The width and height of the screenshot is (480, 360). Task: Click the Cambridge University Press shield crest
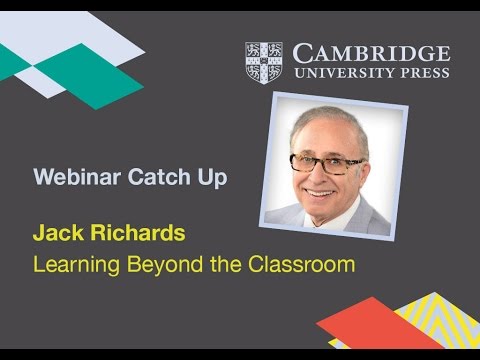[264, 62]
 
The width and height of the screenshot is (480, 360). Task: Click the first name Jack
[56, 236]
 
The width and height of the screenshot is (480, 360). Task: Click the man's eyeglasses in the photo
[327, 162]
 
